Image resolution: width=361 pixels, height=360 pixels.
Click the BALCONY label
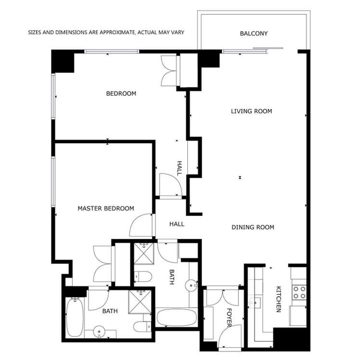tap(254, 34)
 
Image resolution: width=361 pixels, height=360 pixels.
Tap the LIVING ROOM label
tap(251, 111)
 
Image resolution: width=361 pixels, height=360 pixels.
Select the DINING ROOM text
tap(253, 227)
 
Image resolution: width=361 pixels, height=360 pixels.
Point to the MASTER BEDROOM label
tap(106, 209)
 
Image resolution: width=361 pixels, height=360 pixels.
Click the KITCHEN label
tap(279, 299)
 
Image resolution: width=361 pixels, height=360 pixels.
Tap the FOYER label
tap(229, 318)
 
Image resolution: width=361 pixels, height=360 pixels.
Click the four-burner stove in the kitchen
tap(299, 293)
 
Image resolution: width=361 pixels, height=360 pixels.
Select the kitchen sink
tap(255, 303)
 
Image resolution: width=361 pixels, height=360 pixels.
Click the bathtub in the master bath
tap(75, 317)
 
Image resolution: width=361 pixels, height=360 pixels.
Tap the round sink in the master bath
tap(99, 332)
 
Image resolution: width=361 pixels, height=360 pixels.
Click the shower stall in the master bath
tap(140, 302)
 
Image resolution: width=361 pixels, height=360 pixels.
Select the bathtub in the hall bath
tap(177, 318)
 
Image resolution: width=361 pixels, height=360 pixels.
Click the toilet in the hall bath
tap(143, 276)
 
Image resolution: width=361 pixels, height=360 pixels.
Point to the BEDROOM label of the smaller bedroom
tap(121, 93)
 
